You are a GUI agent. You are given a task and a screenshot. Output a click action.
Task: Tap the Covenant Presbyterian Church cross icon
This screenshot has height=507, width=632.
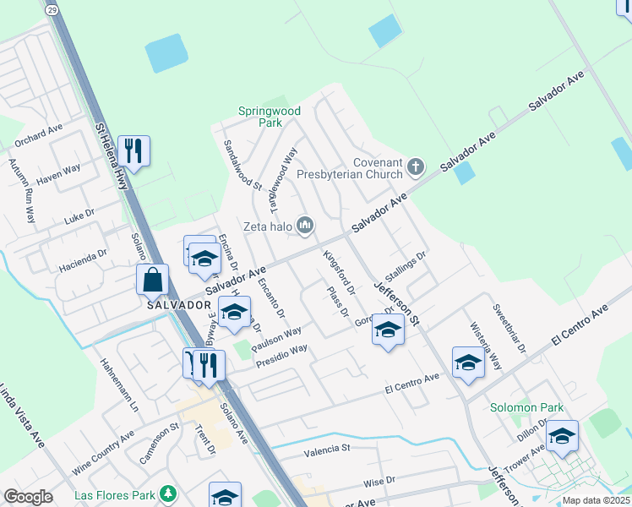[x=415, y=166]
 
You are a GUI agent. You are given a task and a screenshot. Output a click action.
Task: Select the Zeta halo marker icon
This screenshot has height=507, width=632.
[x=305, y=225]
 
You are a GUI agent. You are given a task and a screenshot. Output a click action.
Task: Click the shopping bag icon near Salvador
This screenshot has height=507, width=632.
[x=152, y=278]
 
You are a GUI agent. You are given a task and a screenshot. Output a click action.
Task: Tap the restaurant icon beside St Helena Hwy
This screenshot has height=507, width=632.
[x=133, y=150]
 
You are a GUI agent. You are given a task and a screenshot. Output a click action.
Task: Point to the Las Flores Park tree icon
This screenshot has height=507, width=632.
[x=169, y=493]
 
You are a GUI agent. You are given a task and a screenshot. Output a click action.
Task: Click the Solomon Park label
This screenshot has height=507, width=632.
[x=526, y=407]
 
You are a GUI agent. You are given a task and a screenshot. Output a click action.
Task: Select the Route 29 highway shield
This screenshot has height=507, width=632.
[x=52, y=9]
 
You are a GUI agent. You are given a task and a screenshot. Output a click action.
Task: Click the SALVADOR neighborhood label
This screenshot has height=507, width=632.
[x=177, y=304]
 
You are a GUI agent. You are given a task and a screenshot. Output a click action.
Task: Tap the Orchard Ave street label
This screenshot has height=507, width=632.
[x=39, y=134]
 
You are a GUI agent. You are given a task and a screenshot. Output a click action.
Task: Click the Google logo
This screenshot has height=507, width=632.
[x=28, y=497]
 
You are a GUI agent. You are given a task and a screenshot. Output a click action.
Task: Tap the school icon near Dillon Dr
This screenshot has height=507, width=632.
[x=562, y=435]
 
